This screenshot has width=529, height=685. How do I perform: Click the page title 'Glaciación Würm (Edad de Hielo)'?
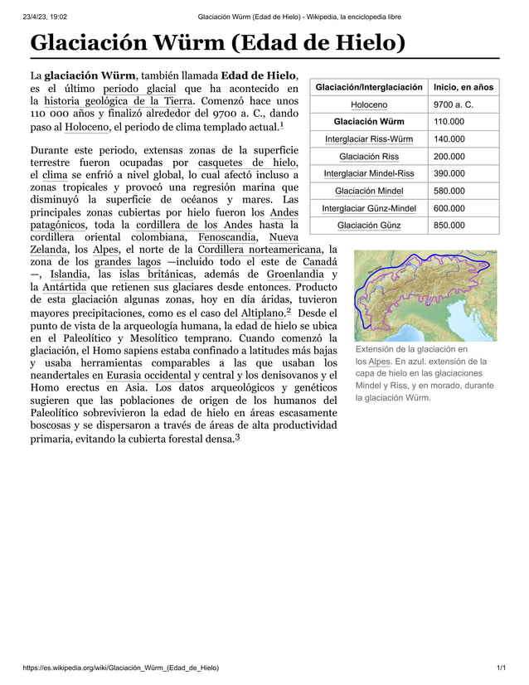[217, 41]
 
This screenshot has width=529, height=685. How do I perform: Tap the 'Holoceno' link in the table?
[369, 104]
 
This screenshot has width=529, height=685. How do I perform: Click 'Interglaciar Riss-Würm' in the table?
[369, 139]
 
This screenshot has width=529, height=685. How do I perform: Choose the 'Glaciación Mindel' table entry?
[369, 191]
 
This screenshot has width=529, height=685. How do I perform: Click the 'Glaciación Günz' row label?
[369, 226]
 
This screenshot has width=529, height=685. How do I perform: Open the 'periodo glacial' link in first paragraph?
[139, 89]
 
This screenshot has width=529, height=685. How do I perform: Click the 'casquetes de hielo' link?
[248, 162]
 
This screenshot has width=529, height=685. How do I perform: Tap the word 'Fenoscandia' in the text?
[226, 236]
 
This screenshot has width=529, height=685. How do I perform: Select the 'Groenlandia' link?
[295, 274]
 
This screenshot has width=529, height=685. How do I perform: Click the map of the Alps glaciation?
[425, 296]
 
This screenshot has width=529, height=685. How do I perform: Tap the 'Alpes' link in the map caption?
[379, 362]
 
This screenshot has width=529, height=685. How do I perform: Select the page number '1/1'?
[500, 668]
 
